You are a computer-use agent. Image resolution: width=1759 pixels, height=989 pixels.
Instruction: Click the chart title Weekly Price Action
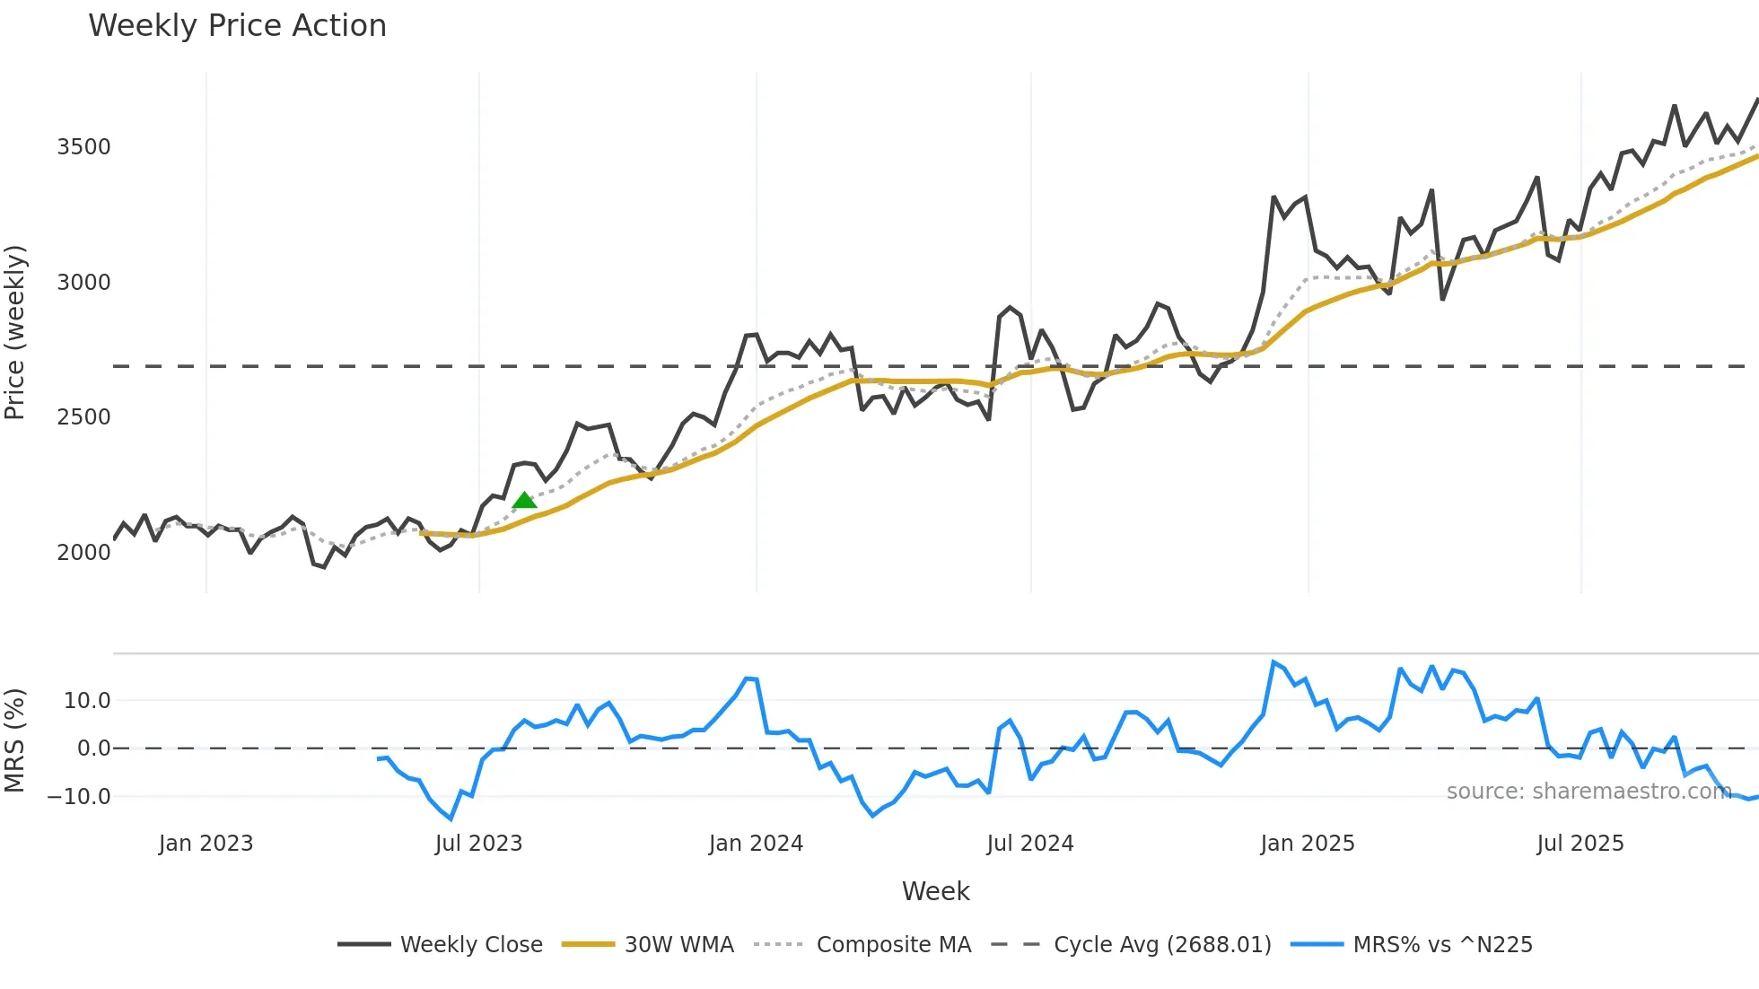[237, 25]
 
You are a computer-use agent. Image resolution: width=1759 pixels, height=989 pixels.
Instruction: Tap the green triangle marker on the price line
[524, 500]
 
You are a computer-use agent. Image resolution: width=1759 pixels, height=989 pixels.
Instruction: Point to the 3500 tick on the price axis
[83, 147]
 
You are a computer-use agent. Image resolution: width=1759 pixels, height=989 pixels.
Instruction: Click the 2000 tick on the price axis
[83, 552]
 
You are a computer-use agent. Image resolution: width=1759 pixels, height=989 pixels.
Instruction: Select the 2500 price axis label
[83, 417]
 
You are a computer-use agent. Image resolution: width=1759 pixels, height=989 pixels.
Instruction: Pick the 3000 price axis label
[83, 283]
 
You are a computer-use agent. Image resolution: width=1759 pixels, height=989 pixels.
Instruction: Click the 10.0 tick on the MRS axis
[87, 701]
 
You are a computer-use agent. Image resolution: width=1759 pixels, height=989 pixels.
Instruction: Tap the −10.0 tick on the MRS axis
[79, 796]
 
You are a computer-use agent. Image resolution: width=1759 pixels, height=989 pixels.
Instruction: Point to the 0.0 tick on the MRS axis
[93, 748]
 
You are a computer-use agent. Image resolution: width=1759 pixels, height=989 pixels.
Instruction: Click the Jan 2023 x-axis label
[206, 844]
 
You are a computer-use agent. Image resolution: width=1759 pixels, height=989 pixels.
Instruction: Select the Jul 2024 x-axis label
[1029, 844]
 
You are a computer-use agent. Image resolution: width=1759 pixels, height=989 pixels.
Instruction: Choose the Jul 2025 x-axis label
[1580, 844]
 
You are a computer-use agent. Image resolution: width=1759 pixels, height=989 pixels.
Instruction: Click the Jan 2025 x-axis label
[1307, 844]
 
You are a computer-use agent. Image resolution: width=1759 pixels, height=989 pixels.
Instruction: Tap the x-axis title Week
[935, 891]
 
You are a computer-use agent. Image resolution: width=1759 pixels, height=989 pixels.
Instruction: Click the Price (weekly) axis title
[15, 332]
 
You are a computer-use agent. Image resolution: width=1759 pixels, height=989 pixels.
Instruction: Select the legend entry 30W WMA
[678, 945]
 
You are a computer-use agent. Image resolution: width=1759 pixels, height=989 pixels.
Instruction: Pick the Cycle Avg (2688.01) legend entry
[1162, 945]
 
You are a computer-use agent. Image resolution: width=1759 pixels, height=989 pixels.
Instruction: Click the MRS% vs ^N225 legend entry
[1442, 945]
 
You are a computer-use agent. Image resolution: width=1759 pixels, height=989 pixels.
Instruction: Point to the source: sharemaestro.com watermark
[1588, 792]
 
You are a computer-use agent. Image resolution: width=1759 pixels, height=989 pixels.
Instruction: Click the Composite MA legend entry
[893, 945]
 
